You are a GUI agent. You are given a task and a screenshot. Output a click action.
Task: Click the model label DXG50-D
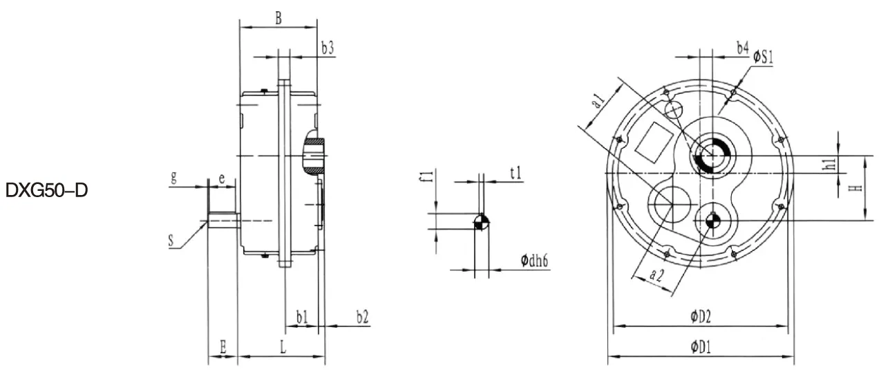pos(47,189)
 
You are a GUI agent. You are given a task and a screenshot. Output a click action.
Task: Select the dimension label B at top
pos(278,19)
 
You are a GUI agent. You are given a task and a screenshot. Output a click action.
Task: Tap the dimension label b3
pos(328,48)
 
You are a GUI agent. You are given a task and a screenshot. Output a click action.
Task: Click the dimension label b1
pos(302,317)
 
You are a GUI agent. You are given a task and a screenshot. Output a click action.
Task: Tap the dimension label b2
pos(362,317)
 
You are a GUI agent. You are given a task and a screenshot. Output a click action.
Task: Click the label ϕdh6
pos(536,261)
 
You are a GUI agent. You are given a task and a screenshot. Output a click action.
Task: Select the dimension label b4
pos(742,48)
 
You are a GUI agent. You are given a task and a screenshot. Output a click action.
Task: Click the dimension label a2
pos(658,275)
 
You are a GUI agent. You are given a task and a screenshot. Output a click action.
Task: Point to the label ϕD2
pos(700,317)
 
